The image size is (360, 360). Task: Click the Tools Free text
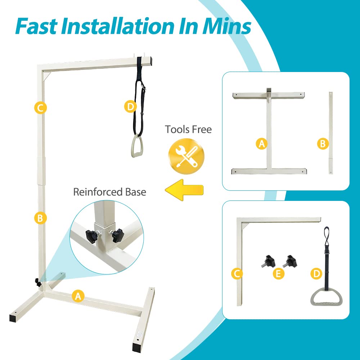pyautogui.click(x=188, y=129)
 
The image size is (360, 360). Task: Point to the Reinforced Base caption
pyautogui.click(x=109, y=192)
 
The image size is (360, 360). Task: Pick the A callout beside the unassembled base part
pyautogui.click(x=261, y=144)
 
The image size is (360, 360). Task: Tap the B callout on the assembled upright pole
pyautogui.click(x=40, y=218)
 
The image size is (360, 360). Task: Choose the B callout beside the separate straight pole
pyautogui.click(x=322, y=144)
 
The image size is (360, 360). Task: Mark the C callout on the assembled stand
pyautogui.click(x=40, y=108)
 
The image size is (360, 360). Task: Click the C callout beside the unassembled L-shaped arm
pyautogui.click(x=237, y=274)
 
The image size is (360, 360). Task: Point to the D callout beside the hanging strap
pyautogui.click(x=130, y=107)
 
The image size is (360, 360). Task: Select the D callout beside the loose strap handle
pyautogui.click(x=316, y=274)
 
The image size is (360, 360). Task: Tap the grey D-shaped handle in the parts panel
pyautogui.click(x=326, y=298)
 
